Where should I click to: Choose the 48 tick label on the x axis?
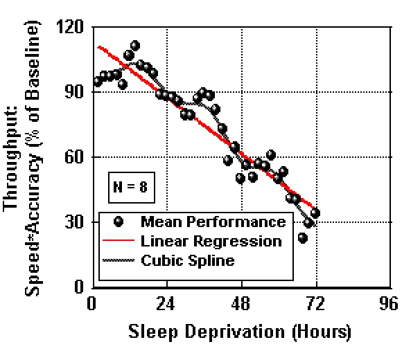click(x=240, y=303)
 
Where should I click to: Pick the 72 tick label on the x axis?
click(x=315, y=303)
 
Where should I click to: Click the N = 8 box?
click(x=128, y=186)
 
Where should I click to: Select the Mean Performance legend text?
click(x=213, y=222)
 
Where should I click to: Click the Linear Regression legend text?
click(x=211, y=241)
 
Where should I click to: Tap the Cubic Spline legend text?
click(x=187, y=260)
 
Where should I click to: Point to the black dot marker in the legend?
click(x=119, y=222)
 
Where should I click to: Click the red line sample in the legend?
click(x=118, y=242)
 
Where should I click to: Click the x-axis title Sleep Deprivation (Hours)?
click(x=240, y=332)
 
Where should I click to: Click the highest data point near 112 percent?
click(x=134, y=46)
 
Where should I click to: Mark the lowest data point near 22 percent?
click(x=303, y=238)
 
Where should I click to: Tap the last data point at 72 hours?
click(x=315, y=213)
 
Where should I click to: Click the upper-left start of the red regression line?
click(x=99, y=47)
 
